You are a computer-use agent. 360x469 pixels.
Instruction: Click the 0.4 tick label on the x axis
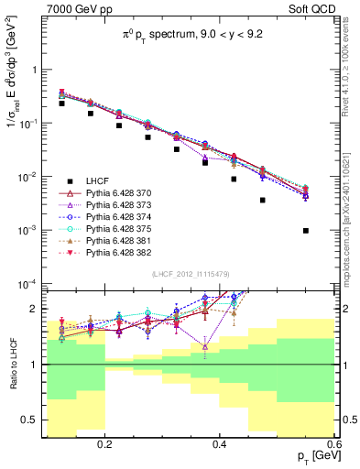[x=220, y=444]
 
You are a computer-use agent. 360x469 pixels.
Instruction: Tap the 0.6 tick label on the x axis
[x=333, y=444]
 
